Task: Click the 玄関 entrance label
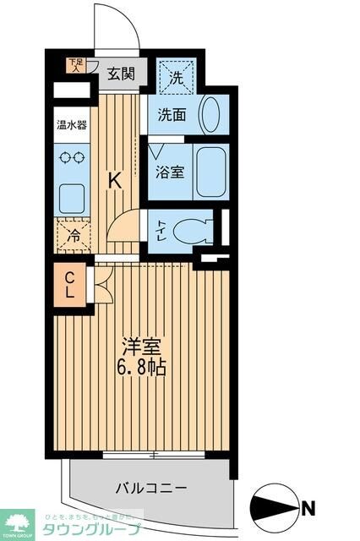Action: click(x=121, y=74)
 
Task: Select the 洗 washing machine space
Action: click(x=177, y=77)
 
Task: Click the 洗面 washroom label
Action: click(x=175, y=114)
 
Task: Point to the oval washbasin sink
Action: click(x=212, y=113)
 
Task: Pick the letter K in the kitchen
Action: click(x=114, y=179)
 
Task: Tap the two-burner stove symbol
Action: click(x=70, y=157)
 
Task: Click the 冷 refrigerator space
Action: click(x=74, y=236)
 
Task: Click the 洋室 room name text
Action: click(x=141, y=347)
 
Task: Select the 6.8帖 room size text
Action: click(x=141, y=369)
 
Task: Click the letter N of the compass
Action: click(x=309, y=508)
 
